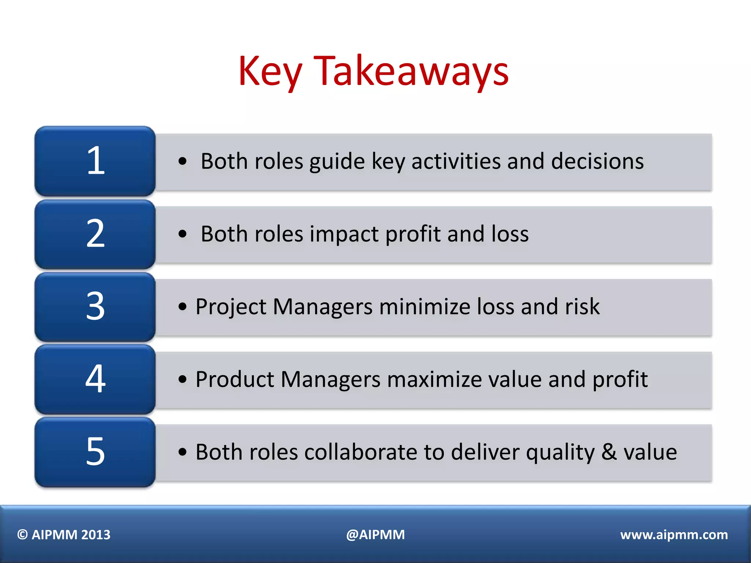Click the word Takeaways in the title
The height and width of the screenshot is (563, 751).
411,71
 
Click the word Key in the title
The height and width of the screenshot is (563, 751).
270,71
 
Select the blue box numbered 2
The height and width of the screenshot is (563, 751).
95,233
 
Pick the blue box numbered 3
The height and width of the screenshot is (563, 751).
95,306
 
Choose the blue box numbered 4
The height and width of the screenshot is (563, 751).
95,379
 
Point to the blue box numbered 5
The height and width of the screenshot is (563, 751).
95,452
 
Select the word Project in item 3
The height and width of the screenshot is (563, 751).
231,307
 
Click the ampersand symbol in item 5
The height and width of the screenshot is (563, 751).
609,452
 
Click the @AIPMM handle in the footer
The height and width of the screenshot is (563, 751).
375,535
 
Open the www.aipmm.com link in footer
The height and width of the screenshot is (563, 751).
674,535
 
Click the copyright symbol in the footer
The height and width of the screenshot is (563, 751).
23,535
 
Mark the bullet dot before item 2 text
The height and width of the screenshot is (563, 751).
182,234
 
